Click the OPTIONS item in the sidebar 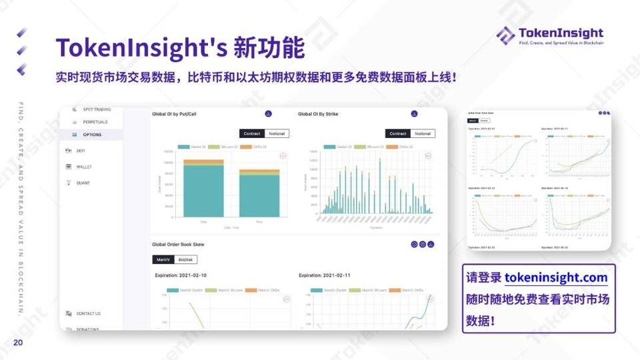pyautogui.click(x=92, y=135)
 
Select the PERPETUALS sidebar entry pyautogui.click(x=95, y=122)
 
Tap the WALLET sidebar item pyautogui.click(x=84, y=167)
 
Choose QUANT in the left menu pyautogui.click(x=83, y=183)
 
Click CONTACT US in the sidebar pyautogui.click(x=88, y=313)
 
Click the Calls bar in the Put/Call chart pyautogui.click(x=203, y=189)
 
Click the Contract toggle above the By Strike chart pyautogui.click(x=397, y=133)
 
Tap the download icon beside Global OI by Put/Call pyautogui.click(x=269, y=114)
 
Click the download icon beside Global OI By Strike pyautogui.click(x=413, y=114)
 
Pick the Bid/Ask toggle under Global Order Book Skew pyautogui.click(x=185, y=259)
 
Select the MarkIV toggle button pyautogui.click(x=163, y=259)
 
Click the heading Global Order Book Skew pyautogui.click(x=179, y=245)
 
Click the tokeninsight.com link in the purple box pyautogui.click(x=556, y=277)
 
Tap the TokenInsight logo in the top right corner pyautogui.click(x=549, y=35)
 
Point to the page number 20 pyautogui.click(x=18, y=343)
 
